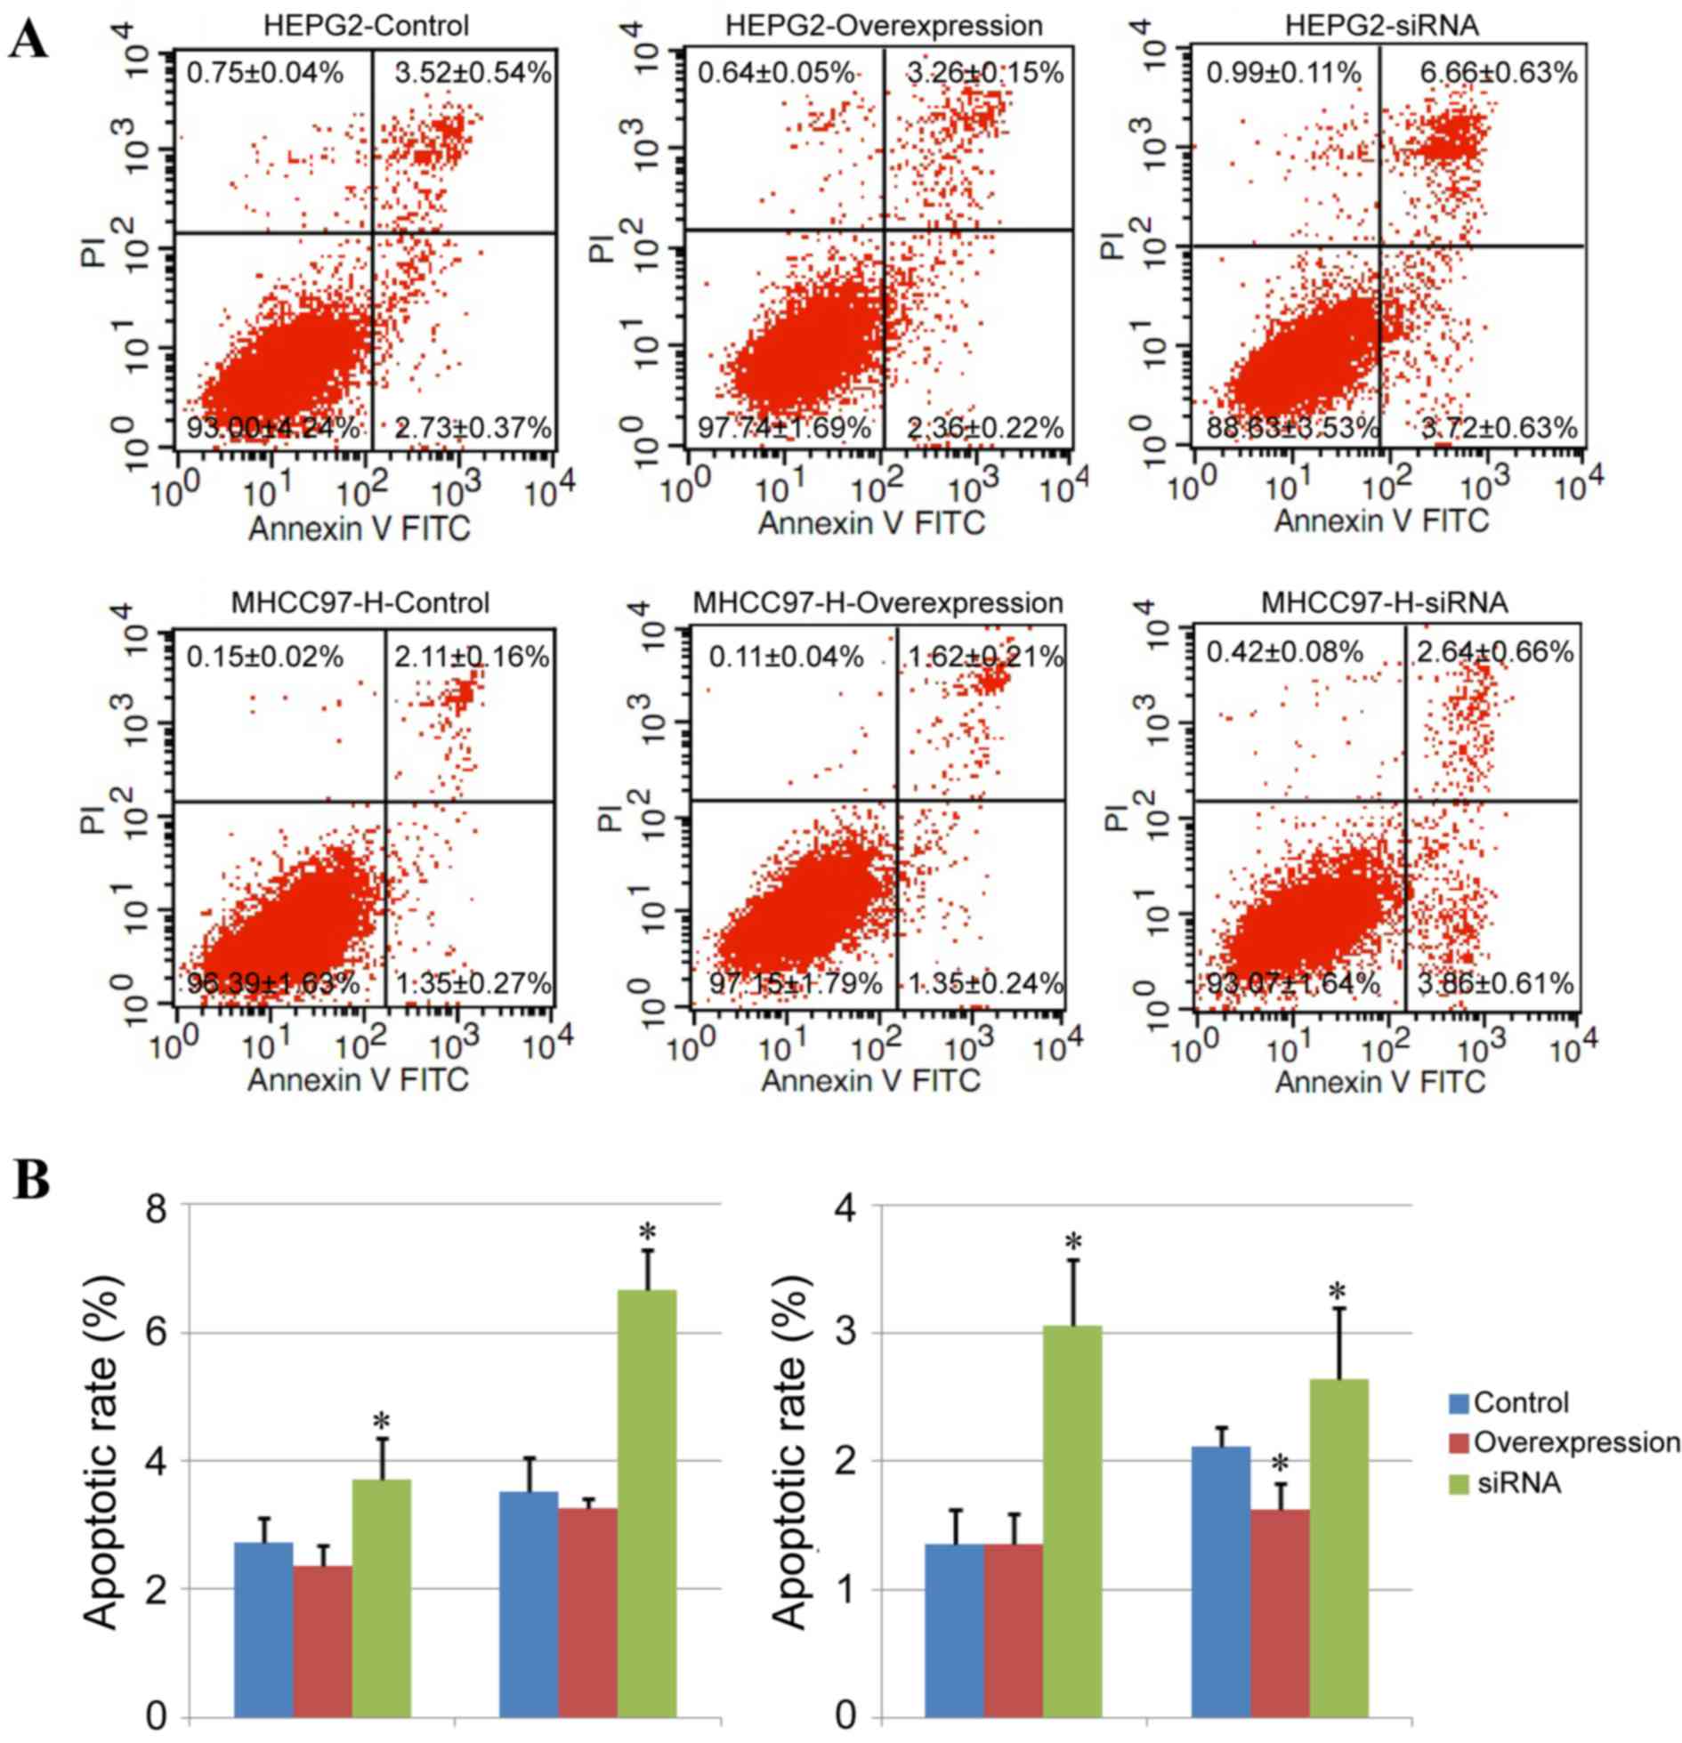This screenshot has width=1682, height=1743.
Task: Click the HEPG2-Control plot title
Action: point(366,25)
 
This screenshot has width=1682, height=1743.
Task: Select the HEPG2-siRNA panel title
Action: point(1381,25)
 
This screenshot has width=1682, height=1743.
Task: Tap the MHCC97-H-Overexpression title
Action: point(877,603)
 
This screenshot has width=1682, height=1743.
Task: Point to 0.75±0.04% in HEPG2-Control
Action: point(264,72)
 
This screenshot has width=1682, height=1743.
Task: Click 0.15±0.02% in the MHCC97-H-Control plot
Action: point(264,657)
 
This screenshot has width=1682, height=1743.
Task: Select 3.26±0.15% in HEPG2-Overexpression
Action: point(985,72)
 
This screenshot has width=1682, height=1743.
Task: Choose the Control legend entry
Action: point(1520,1403)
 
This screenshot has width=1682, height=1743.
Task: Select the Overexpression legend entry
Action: point(1576,1442)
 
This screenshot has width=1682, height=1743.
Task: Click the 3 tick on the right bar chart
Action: point(845,1333)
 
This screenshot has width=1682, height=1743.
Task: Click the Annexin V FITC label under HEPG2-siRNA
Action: point(1381,520)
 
